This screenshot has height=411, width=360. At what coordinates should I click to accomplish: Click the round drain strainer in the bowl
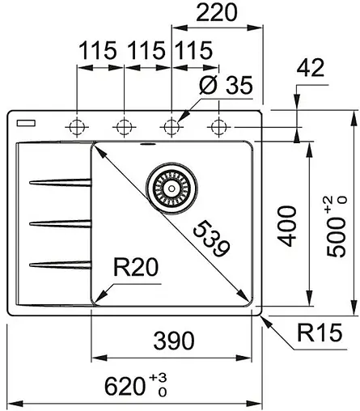click(x=170, y=187)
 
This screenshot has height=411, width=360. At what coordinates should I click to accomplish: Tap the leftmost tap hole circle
click(x=77, y=126)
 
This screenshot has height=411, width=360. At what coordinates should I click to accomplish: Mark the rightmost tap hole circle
click(x=218, y=126)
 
